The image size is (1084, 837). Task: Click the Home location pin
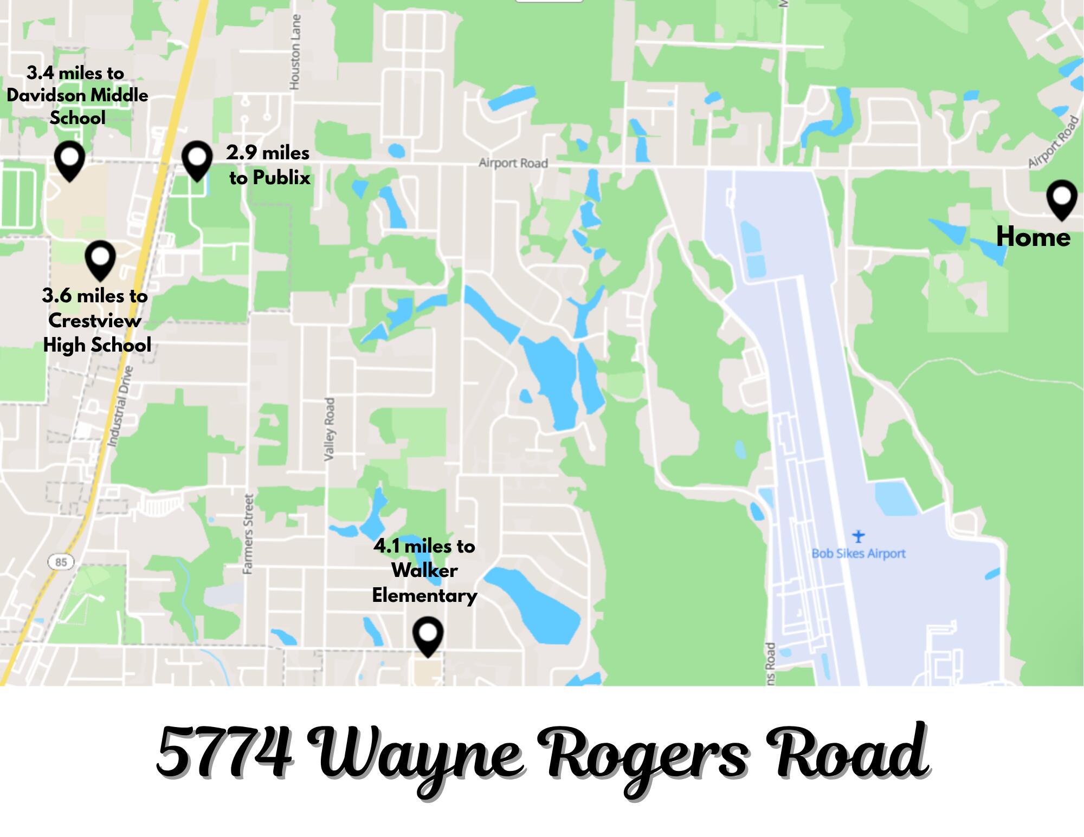coord(1061,198)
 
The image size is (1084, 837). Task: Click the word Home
coord(1033,237)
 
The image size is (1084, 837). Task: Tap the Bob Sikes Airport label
coord(858,554)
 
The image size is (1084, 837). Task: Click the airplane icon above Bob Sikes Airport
coord(858,536)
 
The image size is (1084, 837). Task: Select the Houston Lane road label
coord(295,52)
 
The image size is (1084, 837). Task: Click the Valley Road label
coord(329,429)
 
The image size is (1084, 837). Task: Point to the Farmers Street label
coord(248,534)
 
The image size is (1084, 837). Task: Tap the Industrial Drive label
coord(120,406)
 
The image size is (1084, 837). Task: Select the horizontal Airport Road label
coord(513,163)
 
